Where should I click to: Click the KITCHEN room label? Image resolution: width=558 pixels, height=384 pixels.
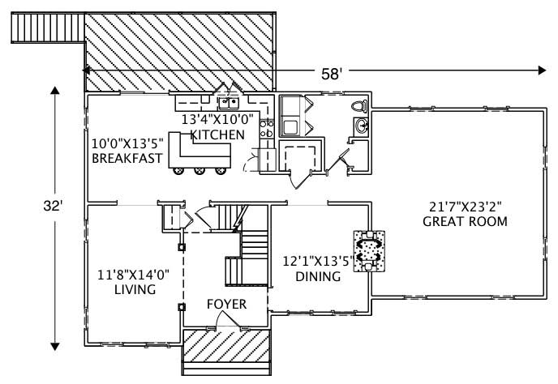coord(217,134)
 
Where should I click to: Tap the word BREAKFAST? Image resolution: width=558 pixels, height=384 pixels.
coord(127,159)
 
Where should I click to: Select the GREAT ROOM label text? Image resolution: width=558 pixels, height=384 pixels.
coord(466,221)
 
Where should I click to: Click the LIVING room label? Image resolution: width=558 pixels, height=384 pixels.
coord(135,288)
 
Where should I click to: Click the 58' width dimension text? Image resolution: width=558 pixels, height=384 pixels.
coord(331,73)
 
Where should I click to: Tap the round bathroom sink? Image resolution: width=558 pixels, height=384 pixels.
coord(361,125)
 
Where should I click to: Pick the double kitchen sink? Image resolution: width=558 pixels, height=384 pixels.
coord(228,103)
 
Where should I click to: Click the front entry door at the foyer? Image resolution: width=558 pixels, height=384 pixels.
coord(229,323)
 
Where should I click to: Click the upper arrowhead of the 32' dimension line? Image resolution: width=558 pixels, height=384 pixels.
coord(55,90)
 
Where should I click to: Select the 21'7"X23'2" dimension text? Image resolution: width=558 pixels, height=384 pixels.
coord(466,206)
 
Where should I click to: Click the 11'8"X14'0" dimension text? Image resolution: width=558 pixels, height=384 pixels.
coord(135,273)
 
